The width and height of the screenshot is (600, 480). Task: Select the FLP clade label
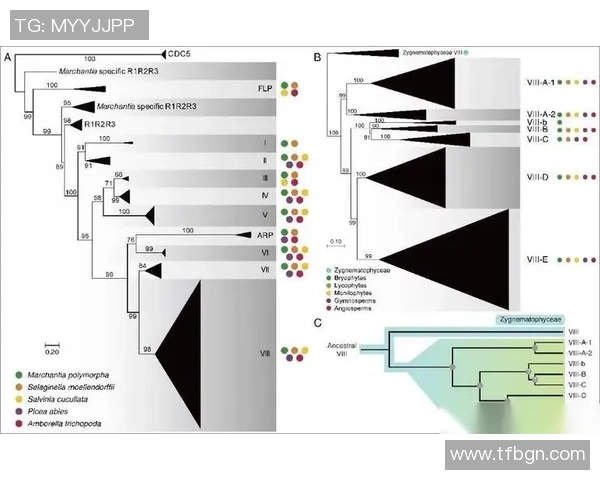265,88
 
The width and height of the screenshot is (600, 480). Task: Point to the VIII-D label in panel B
539,176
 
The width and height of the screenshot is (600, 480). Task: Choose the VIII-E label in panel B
539,259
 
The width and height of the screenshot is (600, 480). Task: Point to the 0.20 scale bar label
51,352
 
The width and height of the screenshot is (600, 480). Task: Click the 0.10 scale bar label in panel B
338,241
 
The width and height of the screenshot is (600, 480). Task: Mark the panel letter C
317,322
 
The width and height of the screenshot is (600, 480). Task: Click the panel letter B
317,58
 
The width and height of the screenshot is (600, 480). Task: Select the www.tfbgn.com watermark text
517,454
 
